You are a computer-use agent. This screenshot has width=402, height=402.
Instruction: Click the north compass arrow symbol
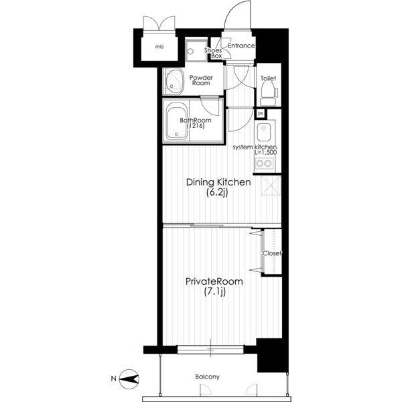coord(129,379)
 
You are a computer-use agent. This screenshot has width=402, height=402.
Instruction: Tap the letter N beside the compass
coord(113,379)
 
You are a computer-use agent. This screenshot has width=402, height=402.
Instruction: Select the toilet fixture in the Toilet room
coord(269,94)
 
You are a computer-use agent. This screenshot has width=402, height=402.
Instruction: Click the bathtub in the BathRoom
coord(176,121)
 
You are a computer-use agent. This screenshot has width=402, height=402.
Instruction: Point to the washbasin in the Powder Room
coord(175,81)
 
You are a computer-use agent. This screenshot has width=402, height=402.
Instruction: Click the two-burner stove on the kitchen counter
coord(264,163)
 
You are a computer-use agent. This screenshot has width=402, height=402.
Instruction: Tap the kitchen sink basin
coord(264,132)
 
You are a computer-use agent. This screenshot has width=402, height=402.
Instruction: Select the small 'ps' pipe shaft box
coord(261,114)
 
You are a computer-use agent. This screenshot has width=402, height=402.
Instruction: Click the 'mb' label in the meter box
coord(159,47)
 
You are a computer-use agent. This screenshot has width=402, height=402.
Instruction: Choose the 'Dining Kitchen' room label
coord(218,182)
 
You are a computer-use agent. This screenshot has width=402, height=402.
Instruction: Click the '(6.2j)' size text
coord(217,193)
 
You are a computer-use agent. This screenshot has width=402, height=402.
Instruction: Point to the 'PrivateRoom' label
coord(214,281)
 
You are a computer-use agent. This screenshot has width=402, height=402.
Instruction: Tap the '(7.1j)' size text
coord(215,291)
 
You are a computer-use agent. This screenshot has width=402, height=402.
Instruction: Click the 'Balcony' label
coord(208,377)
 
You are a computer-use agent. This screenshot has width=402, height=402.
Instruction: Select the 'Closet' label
coord(272,253)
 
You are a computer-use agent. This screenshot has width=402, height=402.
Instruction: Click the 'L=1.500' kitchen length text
coord(265,152)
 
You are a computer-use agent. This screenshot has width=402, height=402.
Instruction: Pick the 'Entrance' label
coord(241,46)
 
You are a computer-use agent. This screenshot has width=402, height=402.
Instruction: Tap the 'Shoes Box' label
coord(213,53)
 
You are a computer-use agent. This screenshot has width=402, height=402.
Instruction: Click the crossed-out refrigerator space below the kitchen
coord(271,186)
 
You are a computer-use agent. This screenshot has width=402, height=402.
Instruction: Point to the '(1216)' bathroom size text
coord(196,126)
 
